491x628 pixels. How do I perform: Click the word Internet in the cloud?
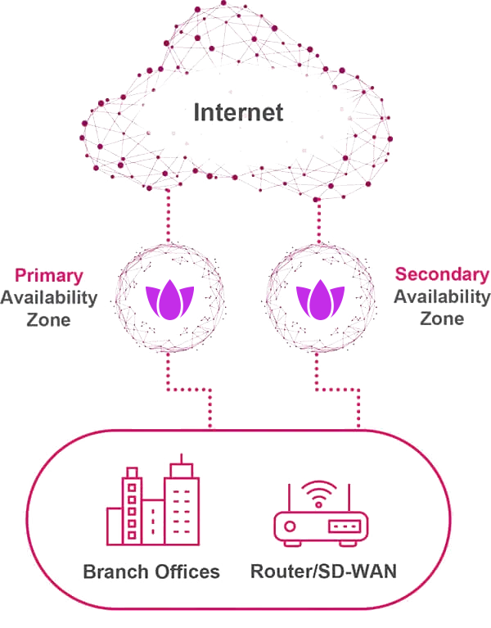(239, 111)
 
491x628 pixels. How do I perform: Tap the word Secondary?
(442, 274)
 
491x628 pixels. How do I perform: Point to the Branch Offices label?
(151, 572)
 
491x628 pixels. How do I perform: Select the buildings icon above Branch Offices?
(153, 504)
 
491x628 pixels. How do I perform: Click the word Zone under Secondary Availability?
(442, 318)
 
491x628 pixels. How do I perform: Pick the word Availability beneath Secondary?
(442, 296)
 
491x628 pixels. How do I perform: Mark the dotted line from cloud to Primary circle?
(169, 215)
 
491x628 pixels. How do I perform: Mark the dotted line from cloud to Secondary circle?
(319, 215)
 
